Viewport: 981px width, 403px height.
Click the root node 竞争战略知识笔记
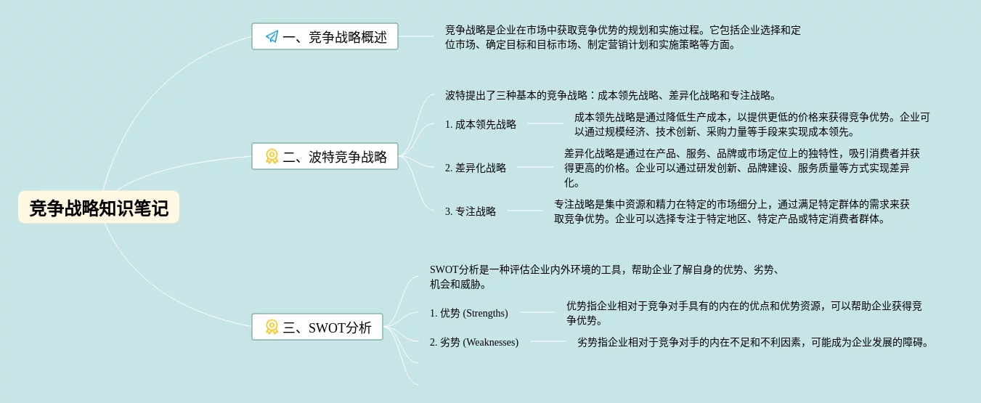click(99, 208)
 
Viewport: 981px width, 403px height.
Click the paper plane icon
click(272, 36)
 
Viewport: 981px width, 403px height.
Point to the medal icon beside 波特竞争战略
click(272, 156)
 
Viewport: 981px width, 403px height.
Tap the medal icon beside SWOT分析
click(272, 327)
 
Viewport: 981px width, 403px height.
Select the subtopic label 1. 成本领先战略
click(481, 124)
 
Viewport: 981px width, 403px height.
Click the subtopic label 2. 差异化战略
click(476, 168)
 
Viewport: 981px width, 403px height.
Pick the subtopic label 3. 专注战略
click(471, 211)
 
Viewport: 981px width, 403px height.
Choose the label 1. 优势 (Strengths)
click(468, 313)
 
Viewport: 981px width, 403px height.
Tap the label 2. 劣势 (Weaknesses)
click(473, 342)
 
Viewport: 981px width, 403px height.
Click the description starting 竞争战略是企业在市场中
click(623, 38)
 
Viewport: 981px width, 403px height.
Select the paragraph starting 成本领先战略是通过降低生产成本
click(752, 124)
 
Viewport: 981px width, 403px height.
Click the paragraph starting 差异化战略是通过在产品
click(741, 168)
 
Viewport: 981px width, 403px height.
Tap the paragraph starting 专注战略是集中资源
click(731, 211)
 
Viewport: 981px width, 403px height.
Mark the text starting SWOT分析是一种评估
click(604, 277)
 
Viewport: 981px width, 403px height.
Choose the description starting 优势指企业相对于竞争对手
click(744, 313)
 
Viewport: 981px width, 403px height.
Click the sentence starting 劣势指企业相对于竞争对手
click(753, 342)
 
